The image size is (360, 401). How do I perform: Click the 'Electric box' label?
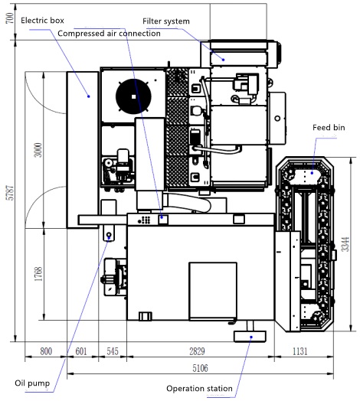(42, 21)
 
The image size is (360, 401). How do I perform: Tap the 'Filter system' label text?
(166, 21)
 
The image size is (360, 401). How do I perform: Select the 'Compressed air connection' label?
(109, 34)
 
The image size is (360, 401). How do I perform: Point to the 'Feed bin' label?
(329, 127)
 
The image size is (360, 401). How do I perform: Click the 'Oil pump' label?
(32, 383)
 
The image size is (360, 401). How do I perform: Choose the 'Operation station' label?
(199, 389)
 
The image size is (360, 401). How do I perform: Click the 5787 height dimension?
(10, 193)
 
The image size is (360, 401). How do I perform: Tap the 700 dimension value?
(10, 18)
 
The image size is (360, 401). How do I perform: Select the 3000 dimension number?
(38, 150)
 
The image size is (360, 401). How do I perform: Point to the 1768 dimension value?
(38, 274)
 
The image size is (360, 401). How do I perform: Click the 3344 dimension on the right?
(345, 244)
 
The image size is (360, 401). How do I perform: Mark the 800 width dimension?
(46, 351)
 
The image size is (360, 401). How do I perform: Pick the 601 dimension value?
(81, 351)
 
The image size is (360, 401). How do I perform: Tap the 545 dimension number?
(113, 351)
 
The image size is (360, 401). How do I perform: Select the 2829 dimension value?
(197, 351)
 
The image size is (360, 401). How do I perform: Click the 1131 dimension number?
(299, 351)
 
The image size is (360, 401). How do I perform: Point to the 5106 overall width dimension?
(200, 368)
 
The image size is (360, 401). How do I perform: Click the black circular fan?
(133, 96)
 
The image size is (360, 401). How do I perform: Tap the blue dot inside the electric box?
(89, 96)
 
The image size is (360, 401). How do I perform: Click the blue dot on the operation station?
(251, 337)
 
